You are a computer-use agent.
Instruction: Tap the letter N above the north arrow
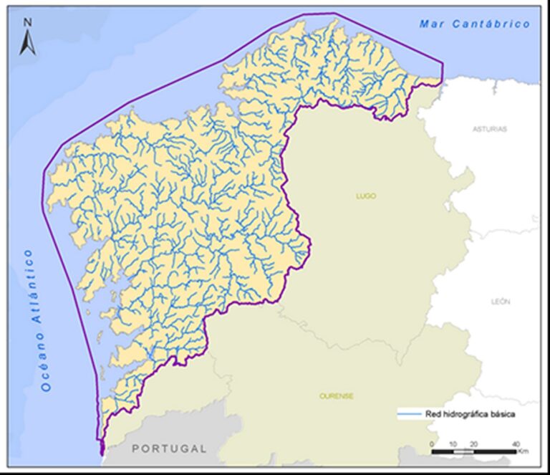pos(27,22)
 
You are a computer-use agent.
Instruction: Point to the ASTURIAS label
pos(490,129)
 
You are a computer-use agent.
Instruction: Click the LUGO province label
pos(366,196)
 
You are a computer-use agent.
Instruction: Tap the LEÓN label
pos(501,302)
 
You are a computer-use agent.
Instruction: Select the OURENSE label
pos(337,396)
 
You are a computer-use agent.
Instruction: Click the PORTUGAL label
pos(170,448)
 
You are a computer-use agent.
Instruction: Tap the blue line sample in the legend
pos(410,414)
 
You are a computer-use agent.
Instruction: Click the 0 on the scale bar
pos(432,445)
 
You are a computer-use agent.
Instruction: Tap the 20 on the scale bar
pos(473,445)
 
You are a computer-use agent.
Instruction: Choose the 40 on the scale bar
pos(516,445)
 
